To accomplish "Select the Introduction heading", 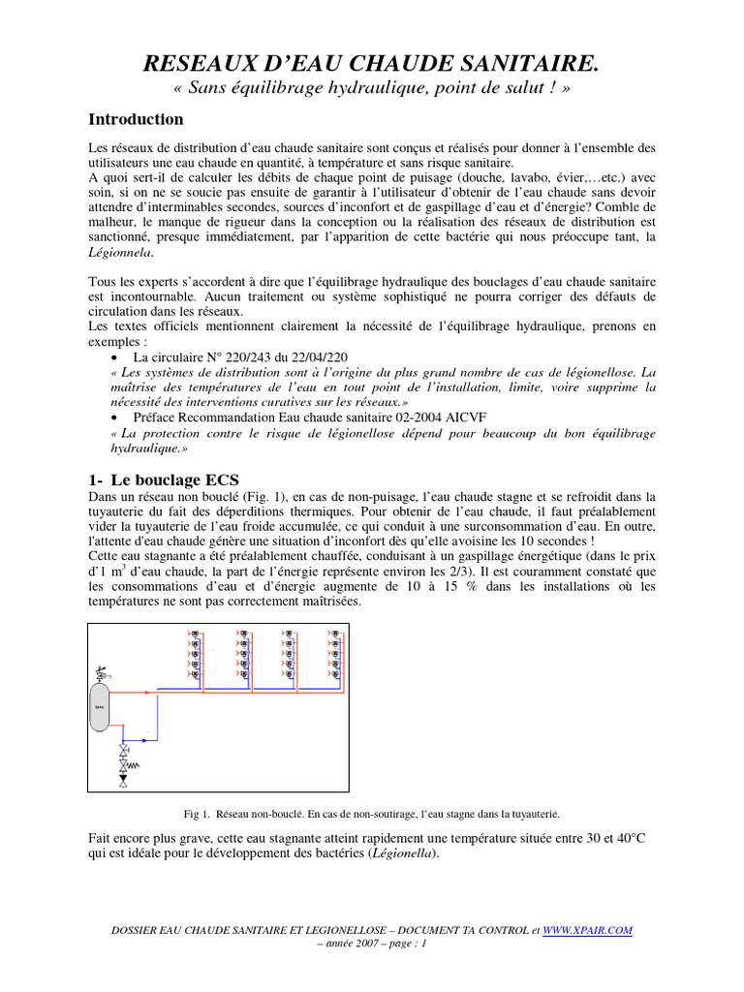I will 136,120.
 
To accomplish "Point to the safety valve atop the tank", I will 100,670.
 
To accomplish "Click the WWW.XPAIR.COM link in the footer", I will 587,930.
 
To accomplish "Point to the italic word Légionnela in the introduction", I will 119,252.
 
